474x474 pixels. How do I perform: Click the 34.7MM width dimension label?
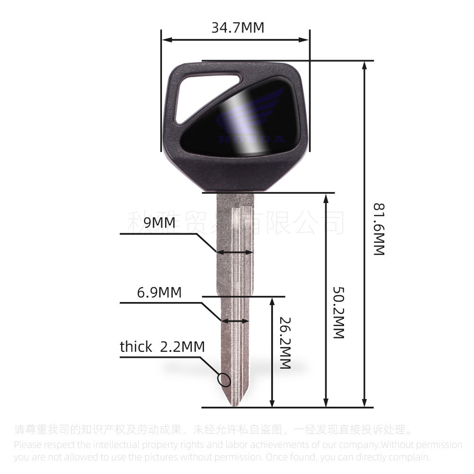tap(237, 27)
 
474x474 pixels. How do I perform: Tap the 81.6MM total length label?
tap(379, 230)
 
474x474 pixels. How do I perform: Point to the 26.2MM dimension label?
tap(284, 343)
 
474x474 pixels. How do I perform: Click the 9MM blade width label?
tap(159, 222)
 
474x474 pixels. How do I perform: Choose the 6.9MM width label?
tap(159, 292)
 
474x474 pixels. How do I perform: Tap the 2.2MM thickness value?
tap(182, 347)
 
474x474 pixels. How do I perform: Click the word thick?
tap(136, 347)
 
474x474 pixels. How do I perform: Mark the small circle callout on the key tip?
tap(224, 380)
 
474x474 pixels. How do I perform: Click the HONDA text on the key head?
tap(252, 139)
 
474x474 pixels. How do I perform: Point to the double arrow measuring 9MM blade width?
tap(235, 253)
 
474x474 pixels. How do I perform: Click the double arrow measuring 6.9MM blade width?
tap(235, 321)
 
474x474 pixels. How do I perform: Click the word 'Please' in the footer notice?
tap(27, 445)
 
